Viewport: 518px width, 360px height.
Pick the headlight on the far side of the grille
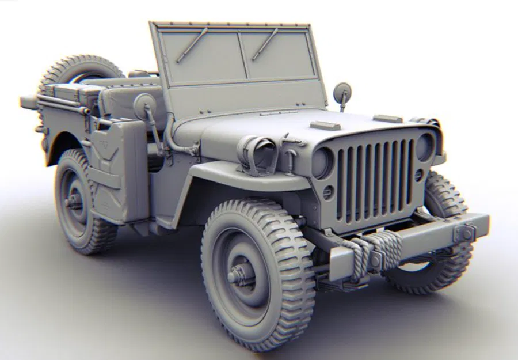424,147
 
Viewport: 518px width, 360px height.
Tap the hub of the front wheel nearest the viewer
241,275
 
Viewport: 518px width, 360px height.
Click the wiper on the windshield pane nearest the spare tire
192,45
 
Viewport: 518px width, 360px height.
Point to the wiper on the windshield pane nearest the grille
265,44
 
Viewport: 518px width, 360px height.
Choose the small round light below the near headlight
327,193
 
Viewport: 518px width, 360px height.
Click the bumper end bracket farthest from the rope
463,233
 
